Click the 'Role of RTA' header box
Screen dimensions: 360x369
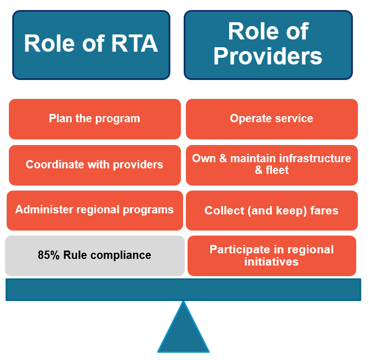[x=91, y=44]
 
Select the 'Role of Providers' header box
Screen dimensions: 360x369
[x=268, y=44]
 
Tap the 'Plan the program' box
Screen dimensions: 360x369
[x=94, y=119]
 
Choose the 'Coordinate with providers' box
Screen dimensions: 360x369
[x=94, y=165]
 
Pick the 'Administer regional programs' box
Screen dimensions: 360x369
[x=94, y=210]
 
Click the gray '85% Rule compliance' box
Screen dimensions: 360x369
[x=94, y=256]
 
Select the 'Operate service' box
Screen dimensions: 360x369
[x=271, y=119]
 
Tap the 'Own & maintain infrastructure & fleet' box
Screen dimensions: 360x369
[x=271, y=165]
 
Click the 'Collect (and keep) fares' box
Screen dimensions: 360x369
[x=271, y=211]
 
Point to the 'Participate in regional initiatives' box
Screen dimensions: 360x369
[x=271, y=256]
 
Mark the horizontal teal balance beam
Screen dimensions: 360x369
[x=183, y=289]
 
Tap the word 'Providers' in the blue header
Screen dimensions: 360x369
[x=268, y=56]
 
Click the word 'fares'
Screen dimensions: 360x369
[x=323, y=211]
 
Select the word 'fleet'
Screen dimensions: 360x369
[x=276, y=171]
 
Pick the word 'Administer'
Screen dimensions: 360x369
[x=42, y=210]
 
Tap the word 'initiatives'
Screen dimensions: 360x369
[x=271, y=262]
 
